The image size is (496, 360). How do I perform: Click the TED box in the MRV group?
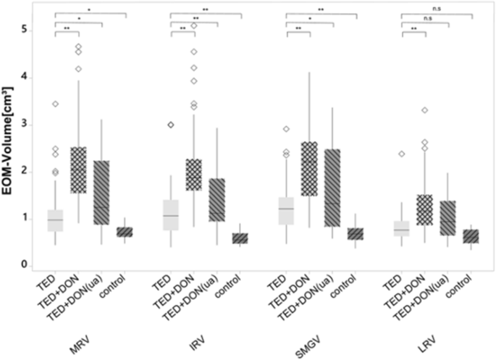click(55, 220)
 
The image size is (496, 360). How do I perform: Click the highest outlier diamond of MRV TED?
click(55, 104)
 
